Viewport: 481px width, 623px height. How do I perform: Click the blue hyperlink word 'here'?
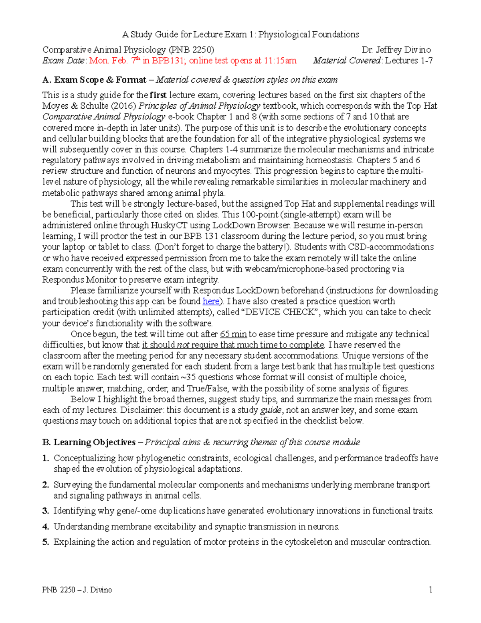coord(211,301)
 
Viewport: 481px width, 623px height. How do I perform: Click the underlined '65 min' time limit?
coord(233,334)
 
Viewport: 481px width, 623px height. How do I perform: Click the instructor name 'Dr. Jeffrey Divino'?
coord(396,50)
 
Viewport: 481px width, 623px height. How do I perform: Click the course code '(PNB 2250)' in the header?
coord(191,50)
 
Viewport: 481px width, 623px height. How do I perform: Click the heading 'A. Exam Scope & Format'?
coord(94,80)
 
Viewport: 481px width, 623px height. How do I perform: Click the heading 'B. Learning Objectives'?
coord(89,442)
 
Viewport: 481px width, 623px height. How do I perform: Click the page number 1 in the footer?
coord(430,590)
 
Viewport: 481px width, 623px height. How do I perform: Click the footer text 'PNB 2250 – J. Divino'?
coord(77,590)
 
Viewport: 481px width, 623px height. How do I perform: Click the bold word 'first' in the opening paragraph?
coord(158,95)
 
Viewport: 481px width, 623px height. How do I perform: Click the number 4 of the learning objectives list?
coord(45,527)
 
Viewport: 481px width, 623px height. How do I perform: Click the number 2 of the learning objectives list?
coord(45,485)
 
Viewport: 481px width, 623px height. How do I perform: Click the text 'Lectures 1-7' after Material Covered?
coord(408,61)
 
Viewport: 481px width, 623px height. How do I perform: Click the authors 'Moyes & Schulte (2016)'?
coord(89,106)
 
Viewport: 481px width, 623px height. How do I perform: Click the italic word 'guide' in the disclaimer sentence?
coord(271,410)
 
